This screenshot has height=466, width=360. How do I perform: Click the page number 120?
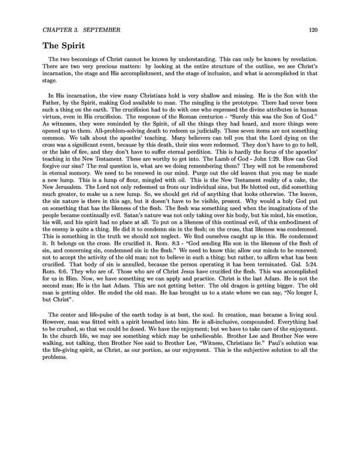(313, 28)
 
